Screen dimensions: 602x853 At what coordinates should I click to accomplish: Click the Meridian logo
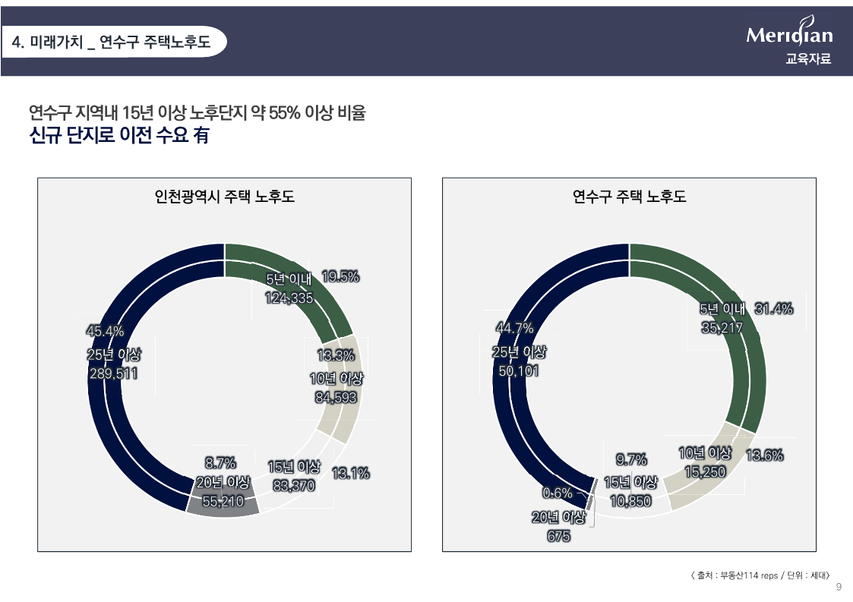(789, 35)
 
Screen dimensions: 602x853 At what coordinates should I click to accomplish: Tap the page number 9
(839, 587)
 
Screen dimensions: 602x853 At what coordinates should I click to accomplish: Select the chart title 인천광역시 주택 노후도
(224, 197)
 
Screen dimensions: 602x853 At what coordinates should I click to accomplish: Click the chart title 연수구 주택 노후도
(629, 197)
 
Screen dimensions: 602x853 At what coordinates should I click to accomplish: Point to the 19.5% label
(340, 277)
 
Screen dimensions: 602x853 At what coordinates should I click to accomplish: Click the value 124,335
(289, 298)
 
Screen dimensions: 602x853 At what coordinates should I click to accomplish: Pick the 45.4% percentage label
(105, 331)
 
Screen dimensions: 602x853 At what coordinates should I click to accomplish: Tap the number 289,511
(113, 373)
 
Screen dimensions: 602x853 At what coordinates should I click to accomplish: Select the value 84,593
(336, 396)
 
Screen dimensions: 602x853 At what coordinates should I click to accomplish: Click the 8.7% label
(220, 462)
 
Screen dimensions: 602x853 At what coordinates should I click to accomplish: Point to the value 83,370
(293, 486)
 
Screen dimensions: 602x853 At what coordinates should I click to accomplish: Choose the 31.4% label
(774, 308)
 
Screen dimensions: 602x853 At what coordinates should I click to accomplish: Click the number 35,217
(721, 328)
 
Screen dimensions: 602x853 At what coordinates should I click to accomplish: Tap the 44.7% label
(514, 328)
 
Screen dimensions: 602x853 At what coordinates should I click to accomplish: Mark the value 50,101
(519, 371)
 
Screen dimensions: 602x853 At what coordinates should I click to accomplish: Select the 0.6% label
(557, 493)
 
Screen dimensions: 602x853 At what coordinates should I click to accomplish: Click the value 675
(558, 537)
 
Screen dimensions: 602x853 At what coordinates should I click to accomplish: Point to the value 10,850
(630, 502)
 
